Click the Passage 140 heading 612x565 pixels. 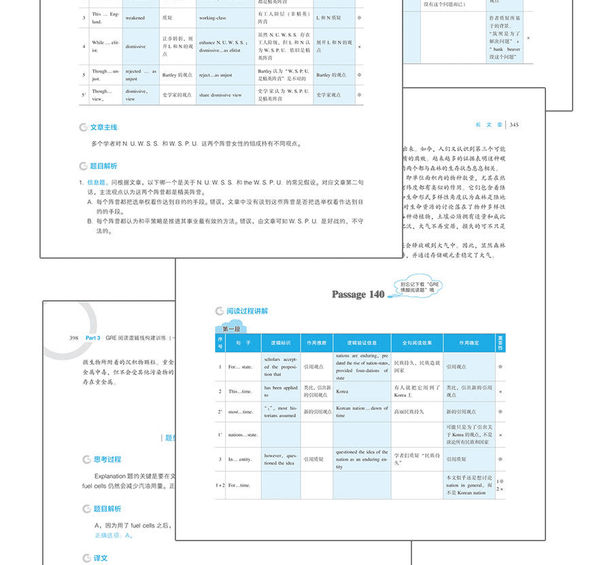(358, 294)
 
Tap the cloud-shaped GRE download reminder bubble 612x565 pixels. (422, 287)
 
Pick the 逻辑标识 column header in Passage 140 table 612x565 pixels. (281, 342)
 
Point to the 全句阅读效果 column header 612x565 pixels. (417, 342)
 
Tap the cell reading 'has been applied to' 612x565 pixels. (281, 391)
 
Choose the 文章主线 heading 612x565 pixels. (103, 127)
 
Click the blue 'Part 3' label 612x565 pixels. (93, 338)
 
